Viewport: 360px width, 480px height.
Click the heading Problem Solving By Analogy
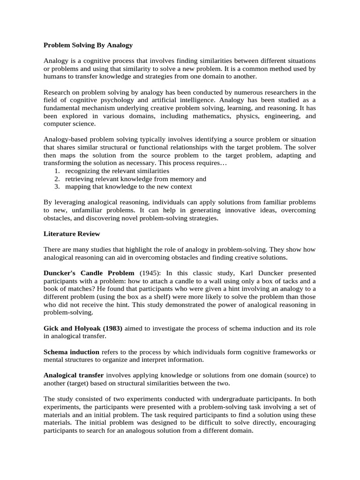(x=88, y=45)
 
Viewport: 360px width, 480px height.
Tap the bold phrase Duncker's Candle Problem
(x=89, y=273)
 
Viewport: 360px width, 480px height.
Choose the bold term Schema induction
(x=71, y=352)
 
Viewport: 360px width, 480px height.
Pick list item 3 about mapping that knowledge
(x=128, y=187)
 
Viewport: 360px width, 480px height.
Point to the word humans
(x=54, y=76)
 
